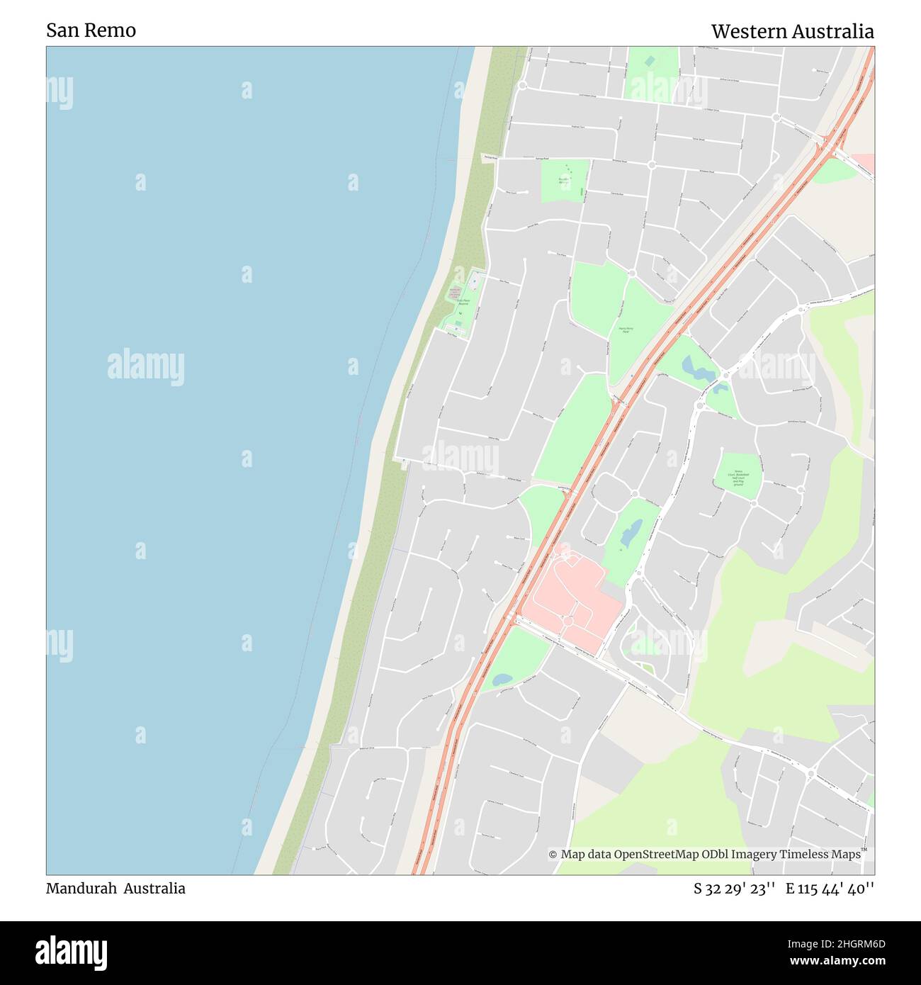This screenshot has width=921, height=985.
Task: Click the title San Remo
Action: pos(91,30)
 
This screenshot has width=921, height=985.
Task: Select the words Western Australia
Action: pos(792,32)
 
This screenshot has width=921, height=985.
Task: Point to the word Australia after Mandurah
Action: pos(154,889)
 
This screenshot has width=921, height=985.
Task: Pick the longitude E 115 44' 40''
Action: pos(830,889)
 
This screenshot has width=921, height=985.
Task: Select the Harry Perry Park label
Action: pos(625,330)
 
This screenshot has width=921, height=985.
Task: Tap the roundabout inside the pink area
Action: pos(568,621)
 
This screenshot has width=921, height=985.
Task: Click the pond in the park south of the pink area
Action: pos(502,679)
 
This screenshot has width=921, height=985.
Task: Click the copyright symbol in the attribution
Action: pos(553,855)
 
